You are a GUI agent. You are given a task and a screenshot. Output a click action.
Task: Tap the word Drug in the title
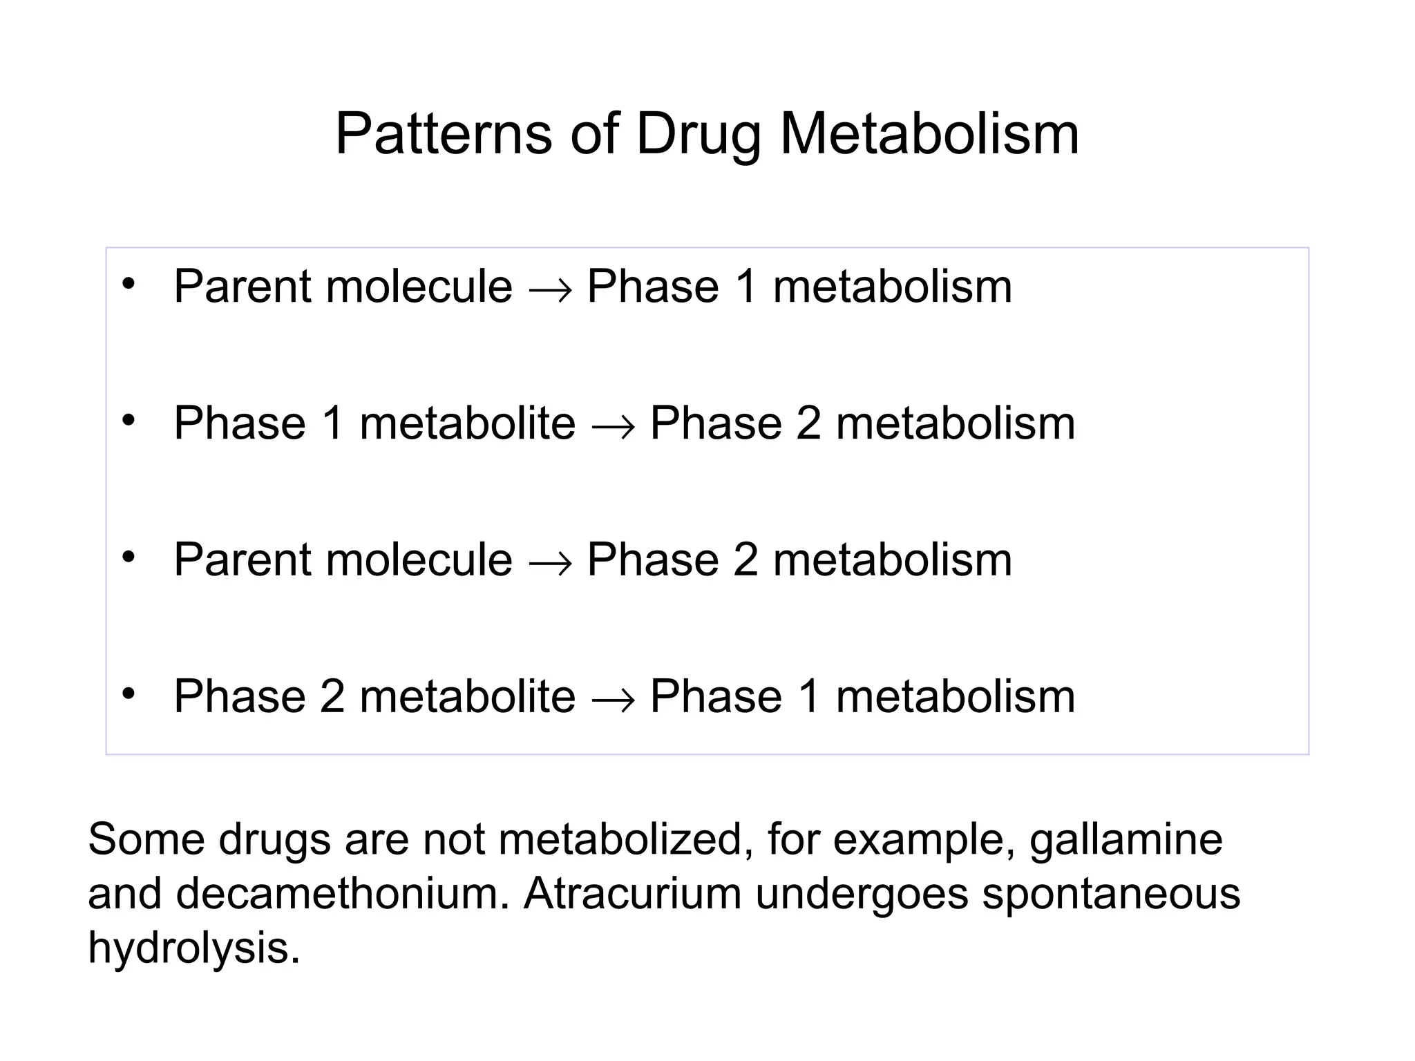[698, 135]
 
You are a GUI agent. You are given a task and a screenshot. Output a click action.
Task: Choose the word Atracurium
[632, 894]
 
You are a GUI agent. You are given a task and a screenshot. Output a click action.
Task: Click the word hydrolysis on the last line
[193, 948]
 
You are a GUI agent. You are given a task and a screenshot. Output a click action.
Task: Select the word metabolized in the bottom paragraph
[625, 840]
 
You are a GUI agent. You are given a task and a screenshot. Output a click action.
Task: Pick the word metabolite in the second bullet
[468, 423]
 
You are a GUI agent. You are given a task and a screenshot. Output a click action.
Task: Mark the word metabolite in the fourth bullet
[468, 696]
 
